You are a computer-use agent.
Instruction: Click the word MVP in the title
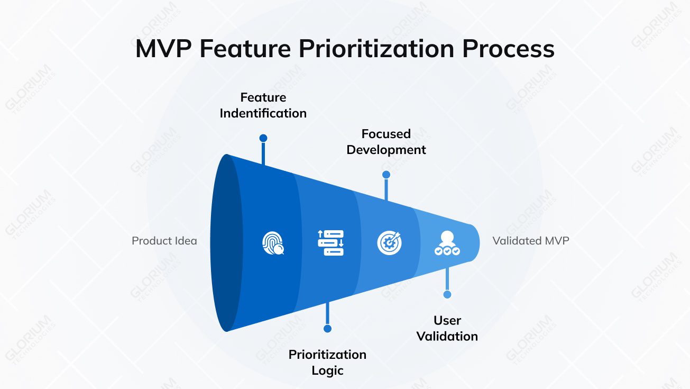point(163,49)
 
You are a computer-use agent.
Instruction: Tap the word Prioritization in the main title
point(376,49)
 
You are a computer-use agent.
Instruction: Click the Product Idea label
point(164,241)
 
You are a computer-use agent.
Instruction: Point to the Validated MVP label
point(530,241)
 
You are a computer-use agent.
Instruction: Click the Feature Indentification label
point(263,105)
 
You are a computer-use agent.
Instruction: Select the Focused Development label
point(386,142)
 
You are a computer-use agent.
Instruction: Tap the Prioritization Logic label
point(327,362)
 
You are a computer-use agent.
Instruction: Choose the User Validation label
point(447,328)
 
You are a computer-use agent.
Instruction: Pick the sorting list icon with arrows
point(330,243)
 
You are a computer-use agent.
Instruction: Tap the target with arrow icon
point(389,243)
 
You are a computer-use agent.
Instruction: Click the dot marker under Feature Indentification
point(263,138)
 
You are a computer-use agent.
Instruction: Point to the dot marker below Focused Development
point(386,175)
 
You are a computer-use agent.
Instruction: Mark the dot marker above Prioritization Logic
point(327,329)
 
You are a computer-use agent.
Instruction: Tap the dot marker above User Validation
point(447,294)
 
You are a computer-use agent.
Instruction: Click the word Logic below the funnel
point(327,370)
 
